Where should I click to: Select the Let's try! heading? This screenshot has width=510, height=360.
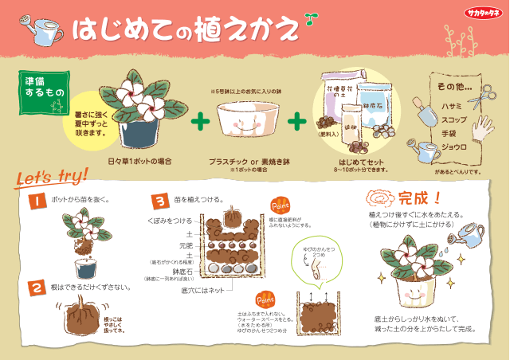pyautogui.click(x=41, y=178)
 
